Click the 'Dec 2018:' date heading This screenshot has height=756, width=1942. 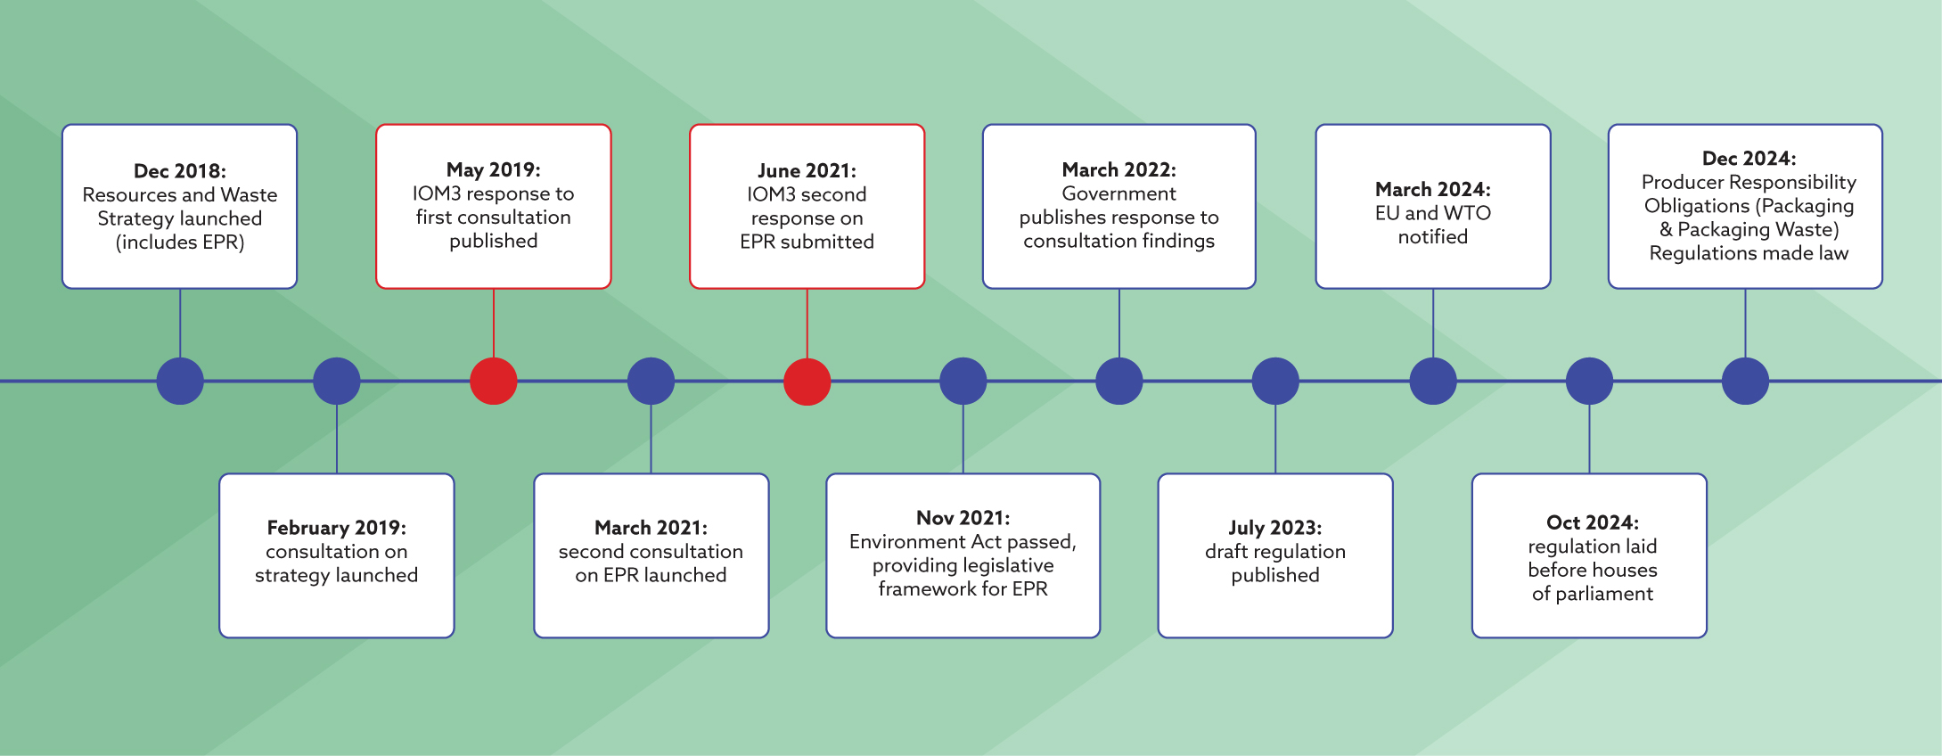coord(180,171)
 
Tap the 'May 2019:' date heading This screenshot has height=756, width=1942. coord(494,170)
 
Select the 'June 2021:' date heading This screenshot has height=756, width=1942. coord(807,171)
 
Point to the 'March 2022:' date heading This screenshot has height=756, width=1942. coord(1119,170)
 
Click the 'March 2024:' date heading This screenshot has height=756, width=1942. coord(1433,190)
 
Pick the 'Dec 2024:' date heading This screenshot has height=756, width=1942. coord(1749,159)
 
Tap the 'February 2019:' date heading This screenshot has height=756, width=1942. coord(337,529)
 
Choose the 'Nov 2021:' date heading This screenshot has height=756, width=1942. coord(963,519)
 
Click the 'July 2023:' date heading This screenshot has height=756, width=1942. coord(1275,529)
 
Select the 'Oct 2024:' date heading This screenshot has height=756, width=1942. coord(1593,523)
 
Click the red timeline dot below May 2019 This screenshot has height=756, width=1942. coord(494,381)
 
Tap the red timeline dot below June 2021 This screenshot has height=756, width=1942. coord(807,381)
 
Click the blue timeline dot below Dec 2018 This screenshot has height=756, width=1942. coord(180,381)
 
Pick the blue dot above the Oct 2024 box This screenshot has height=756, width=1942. coord(1590,381)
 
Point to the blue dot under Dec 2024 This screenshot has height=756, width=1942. coord(1745,381)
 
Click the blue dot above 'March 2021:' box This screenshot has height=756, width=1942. coord(651,381)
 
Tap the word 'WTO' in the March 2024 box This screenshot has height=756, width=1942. coord(1467,213)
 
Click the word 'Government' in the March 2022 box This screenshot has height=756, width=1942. coord(1119,194)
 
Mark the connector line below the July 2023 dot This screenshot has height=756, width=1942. coord(1275,439)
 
